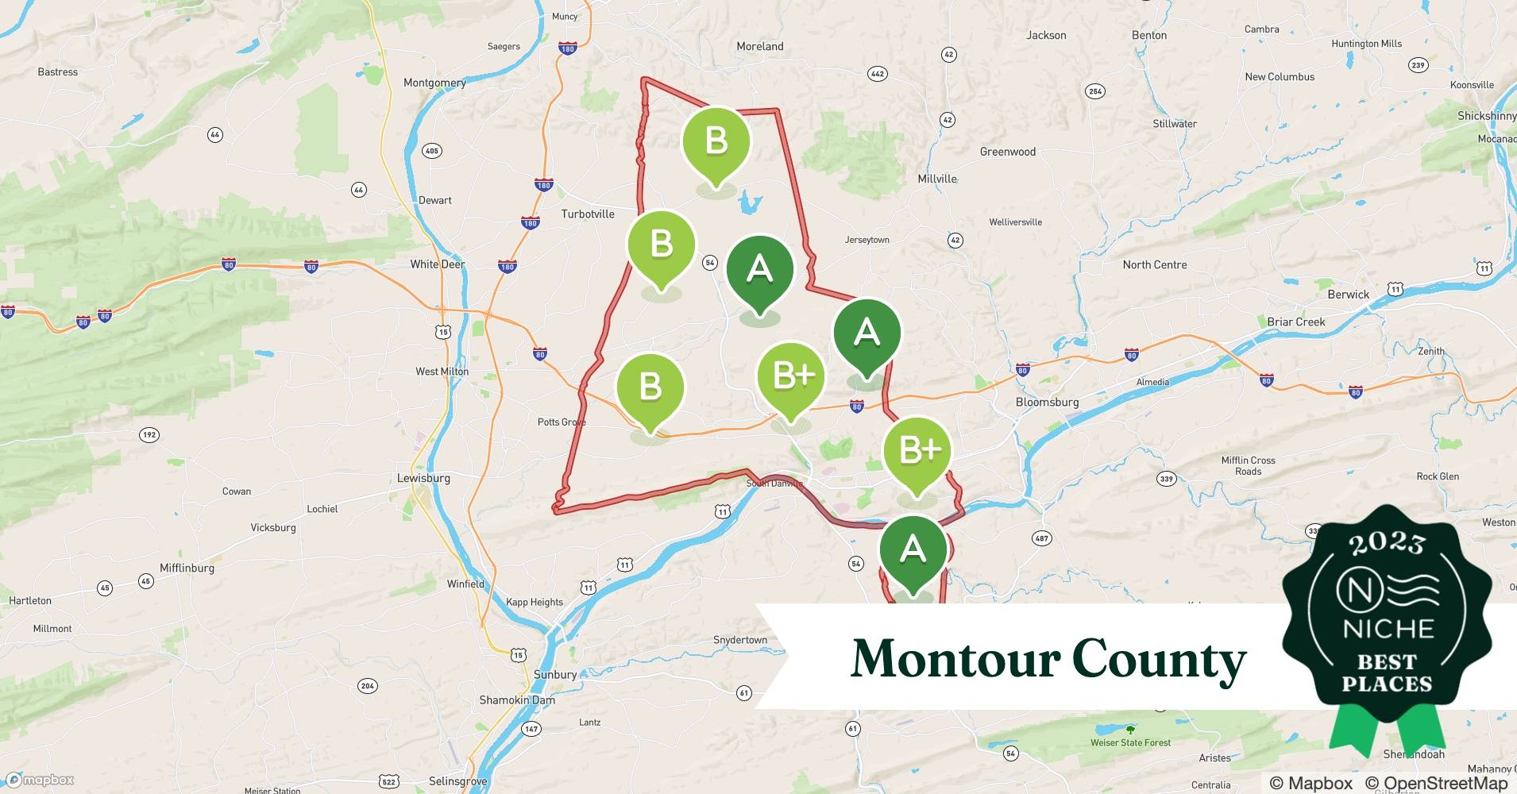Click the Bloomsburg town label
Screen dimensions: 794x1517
tap(1047, 402)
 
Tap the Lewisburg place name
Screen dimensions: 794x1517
tap(423, 478)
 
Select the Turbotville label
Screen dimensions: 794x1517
tap(588, 214)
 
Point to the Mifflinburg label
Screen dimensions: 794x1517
tap(187, 568)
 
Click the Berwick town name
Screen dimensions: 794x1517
tap(1348, 294)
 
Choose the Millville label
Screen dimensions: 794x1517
tap(937, 179)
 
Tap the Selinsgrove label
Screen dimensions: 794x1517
tap(457, 781)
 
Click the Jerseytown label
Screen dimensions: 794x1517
tap(867, 240)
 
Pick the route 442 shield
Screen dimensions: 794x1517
tap(877, 74)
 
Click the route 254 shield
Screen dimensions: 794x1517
tap(1095, 91)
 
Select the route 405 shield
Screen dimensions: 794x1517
tap(431, 151)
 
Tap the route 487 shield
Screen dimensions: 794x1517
tap(1041, 538)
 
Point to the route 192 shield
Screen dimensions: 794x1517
tap(149, 434)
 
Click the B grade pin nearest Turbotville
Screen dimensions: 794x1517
tap(661, 247)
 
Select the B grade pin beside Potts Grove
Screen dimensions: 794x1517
tap(650, 390)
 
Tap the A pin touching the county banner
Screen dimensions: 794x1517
tap(913, 551)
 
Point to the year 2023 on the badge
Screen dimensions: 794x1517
tap(1387, 543)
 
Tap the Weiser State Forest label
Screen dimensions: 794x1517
tap(1130, 742)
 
